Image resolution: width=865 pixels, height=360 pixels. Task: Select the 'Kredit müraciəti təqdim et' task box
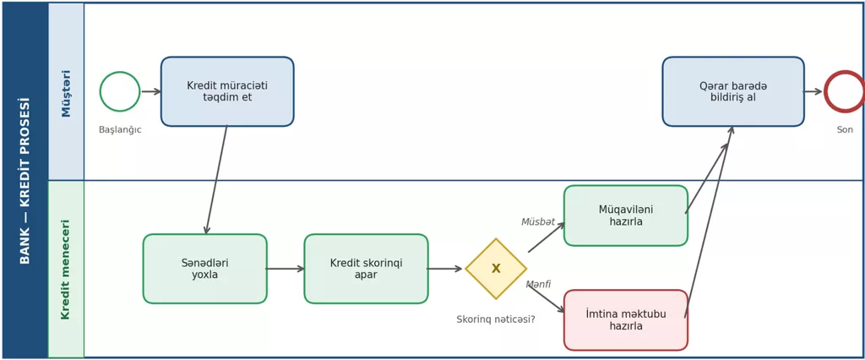227,91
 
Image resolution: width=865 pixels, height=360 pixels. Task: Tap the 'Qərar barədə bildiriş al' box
733,91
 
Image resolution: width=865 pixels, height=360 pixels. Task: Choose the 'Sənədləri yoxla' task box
205,269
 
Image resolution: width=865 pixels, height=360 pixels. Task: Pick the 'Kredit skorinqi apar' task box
367,269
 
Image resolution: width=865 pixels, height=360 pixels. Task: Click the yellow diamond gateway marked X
496,269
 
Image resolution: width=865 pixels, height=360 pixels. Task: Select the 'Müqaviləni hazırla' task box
626,215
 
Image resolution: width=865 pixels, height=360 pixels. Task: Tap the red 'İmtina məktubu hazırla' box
626,319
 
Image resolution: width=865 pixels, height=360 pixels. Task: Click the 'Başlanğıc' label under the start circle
120,130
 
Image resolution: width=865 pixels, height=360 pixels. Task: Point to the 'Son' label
845,130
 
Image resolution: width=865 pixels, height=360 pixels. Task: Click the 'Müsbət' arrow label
538,222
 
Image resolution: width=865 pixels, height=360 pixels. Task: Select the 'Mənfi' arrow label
538,284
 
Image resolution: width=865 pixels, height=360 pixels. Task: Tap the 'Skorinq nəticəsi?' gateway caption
495,319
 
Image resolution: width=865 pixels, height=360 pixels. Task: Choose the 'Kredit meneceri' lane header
66,270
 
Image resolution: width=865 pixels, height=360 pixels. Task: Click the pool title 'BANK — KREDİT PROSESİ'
24,181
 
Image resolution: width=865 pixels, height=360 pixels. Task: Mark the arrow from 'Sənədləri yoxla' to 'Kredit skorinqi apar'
286,269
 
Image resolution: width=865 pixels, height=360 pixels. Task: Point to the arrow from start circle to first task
151,91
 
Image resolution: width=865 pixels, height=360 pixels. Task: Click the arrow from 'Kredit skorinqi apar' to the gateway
445,269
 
